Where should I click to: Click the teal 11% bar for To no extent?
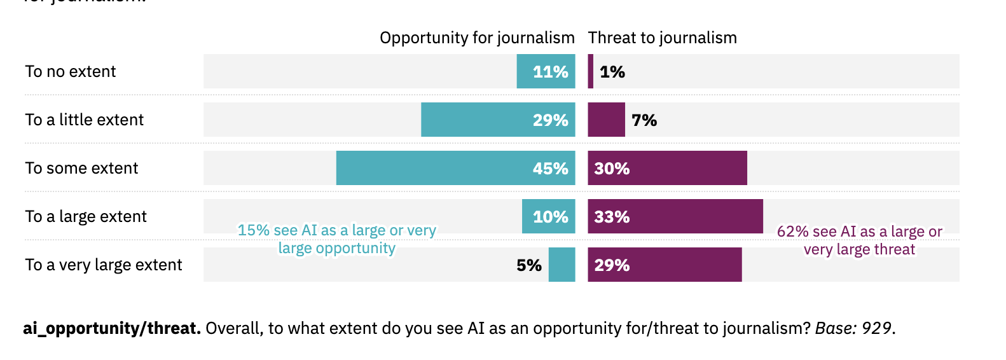[x=546, y=71]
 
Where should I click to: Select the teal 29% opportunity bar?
[x=498, y=120]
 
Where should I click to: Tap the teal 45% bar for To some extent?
[x=455, y=168]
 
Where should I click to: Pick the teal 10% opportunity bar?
[x=548, y=216]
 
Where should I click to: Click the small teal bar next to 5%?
[x=562, y=265]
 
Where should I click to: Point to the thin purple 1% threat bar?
[x=591, y=71]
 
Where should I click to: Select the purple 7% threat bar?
[x=606, y=120]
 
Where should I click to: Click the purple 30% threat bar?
[x=667, y=168]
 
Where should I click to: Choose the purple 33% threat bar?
[x=675, y=216]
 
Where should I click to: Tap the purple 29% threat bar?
[x=665, y=265]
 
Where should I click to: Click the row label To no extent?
[x=71, y=72]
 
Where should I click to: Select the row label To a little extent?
[x=85, y=120]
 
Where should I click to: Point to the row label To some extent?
[x=81, y=169]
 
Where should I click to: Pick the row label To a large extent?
[x=86, y=217]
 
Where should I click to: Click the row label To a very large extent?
[x=104, y=265]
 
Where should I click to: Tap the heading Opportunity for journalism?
[x=477, y=38]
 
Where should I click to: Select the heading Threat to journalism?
[x=662, y=38]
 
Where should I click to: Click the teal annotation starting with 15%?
[x=337, y=239]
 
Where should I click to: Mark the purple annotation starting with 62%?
[x=859, y=240]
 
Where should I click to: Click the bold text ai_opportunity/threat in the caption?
[x=112, y=328]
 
